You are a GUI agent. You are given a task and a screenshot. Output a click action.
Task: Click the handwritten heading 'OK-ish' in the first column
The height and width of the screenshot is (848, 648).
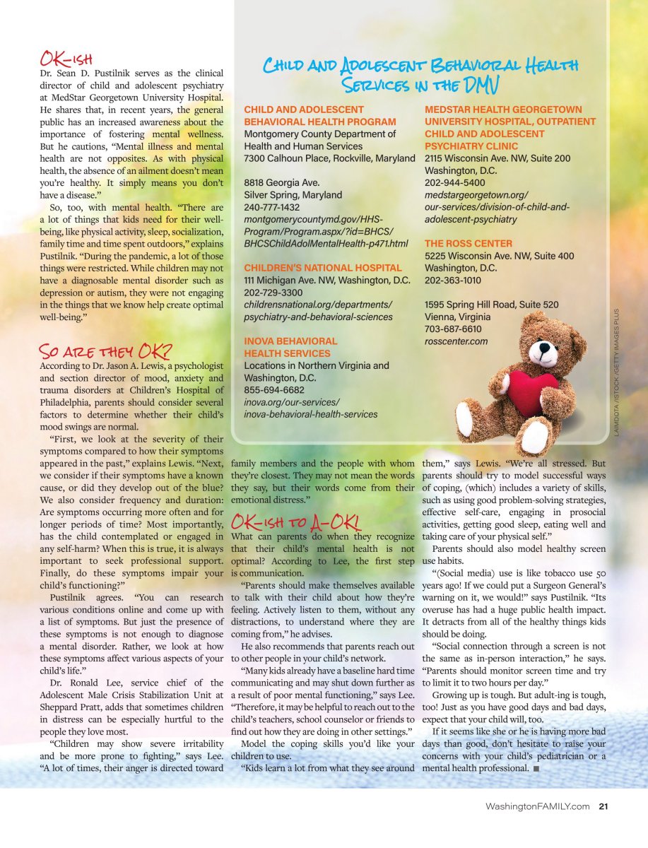coord(68,57)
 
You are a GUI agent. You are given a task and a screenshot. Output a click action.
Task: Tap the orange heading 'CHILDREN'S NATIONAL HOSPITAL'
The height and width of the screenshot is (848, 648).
coord(323,268)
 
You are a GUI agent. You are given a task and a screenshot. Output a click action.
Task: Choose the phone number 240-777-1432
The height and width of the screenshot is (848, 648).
coord(272,207)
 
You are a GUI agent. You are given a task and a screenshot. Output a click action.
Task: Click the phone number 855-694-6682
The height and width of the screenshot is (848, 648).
coord(274,389)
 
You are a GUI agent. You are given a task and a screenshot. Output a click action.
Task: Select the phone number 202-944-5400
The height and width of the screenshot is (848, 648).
coord(454,182)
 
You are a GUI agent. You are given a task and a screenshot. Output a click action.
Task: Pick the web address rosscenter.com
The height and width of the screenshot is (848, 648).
coord(456,341)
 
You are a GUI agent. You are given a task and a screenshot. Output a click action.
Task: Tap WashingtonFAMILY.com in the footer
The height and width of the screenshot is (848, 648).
coord(537,806)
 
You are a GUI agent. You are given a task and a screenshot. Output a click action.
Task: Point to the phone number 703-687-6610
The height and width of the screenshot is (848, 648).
coord(453,329)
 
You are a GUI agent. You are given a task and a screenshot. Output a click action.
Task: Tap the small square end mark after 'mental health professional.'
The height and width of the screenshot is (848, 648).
coord(537,768)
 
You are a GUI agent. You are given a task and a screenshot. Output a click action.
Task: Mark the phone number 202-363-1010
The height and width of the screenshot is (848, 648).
coord(454,281)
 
